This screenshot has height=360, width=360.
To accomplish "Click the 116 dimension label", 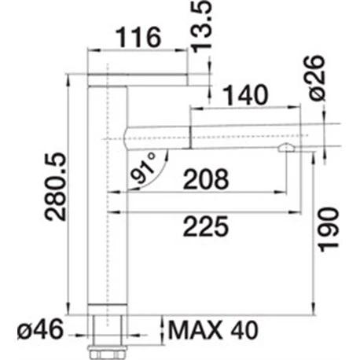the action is (138, 37).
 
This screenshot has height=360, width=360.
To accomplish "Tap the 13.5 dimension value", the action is (201, 27).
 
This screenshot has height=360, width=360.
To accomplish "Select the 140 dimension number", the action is (245, 95).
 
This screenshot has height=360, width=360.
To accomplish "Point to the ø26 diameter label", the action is (317, 78).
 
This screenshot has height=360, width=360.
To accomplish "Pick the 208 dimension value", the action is (206, 179).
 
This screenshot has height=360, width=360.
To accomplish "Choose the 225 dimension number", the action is (206, 226).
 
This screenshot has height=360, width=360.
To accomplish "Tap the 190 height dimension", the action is (329, 230).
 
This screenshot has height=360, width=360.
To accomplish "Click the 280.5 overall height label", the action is (55, 186).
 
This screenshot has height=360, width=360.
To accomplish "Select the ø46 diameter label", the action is (41, 329).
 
